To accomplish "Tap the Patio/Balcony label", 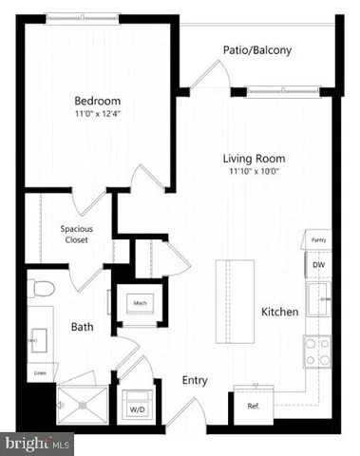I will tap(256, 50).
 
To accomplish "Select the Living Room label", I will tap(255, 159).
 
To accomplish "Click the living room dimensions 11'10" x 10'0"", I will tap(255, 172).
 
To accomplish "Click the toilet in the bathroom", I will tap(44, 288).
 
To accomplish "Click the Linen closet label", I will tap(40, 371).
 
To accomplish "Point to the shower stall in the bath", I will tap(83, 403).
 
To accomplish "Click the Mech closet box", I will tap(139, 304).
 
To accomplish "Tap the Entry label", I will tap(195, 380).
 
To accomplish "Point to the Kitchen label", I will tap(281, 312).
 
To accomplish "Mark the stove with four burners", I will tap(316, 352).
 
